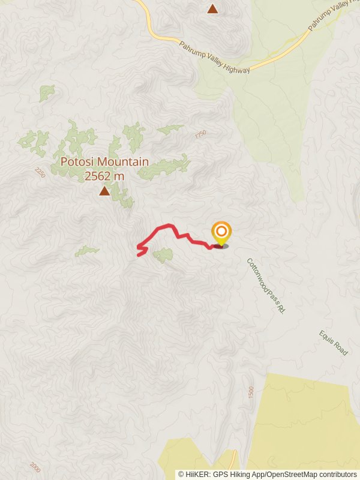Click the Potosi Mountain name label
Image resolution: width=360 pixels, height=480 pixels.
click(104, 162)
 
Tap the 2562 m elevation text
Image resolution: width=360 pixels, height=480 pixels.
click(104, 176)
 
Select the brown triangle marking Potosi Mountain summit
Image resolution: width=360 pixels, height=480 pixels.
click(104, 191)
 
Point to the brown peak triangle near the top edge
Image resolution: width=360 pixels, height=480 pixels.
click(212, 8)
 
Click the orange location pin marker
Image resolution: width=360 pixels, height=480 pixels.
click(221, 233)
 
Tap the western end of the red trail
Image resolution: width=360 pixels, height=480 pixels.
click(139, 255)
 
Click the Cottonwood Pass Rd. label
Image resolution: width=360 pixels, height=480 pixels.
click(265, 286)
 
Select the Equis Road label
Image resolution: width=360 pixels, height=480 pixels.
click(334, 343)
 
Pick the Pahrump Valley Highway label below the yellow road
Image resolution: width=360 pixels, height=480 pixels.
click(214, 58)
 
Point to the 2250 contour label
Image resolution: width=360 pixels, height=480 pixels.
click(40, 173)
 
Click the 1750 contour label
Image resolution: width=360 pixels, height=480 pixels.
click(200, 135)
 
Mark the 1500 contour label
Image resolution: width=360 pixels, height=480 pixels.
click(250, 392)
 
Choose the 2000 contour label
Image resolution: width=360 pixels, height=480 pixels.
click(34, 466)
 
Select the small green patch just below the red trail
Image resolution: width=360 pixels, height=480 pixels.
click(163, 256)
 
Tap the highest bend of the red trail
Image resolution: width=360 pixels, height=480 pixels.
click(170, 226)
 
